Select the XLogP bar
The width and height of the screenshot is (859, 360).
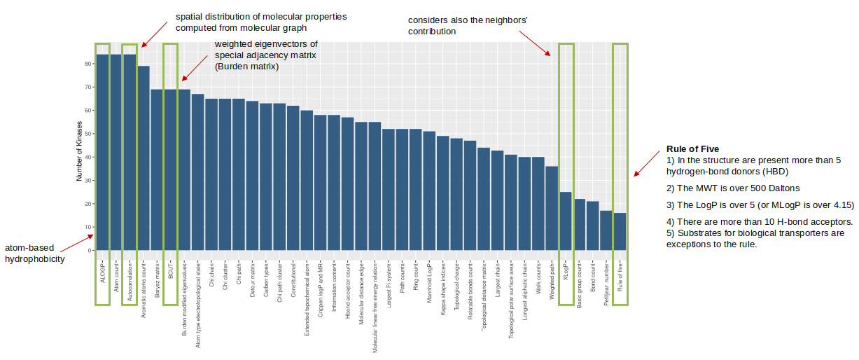coord(566,221)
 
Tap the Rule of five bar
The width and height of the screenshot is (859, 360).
coord(620,231)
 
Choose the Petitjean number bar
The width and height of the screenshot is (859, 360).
coord(606,230)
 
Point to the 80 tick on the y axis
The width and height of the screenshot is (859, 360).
coord(89,64)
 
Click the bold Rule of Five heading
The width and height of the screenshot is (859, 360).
coord(692,149)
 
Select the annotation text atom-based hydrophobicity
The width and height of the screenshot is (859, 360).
coord(35,254)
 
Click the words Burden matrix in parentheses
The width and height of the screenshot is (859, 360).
coord(247,67)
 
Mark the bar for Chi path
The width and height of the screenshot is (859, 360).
coord(239,174)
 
